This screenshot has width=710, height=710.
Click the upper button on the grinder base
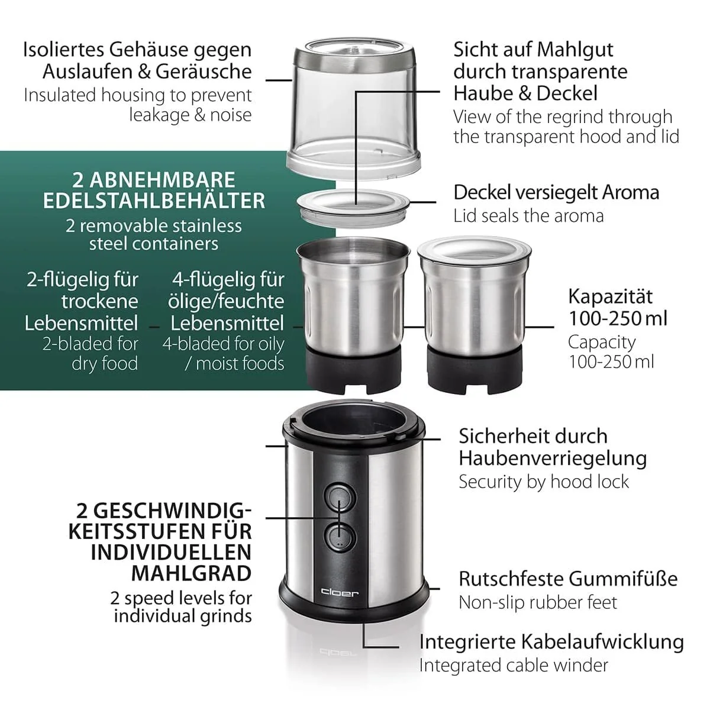340,498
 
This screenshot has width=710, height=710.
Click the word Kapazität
610,296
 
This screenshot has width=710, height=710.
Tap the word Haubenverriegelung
553,459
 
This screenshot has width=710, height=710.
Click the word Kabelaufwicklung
603,642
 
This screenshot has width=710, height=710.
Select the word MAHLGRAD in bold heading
192,574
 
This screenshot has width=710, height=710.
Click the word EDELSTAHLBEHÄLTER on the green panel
154,201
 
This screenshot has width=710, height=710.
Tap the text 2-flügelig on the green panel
82,280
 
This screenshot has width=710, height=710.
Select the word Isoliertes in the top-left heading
63,50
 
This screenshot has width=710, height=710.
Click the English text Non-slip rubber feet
538,603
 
